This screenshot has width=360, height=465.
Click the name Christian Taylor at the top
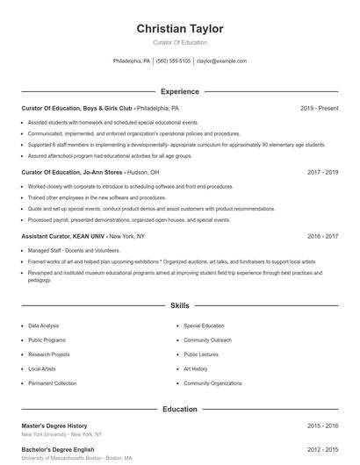click(180, 29)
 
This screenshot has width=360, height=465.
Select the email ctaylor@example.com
click(221, 61)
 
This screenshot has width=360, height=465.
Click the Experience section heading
click(180, 91)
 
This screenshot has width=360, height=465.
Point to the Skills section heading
click(180, 306)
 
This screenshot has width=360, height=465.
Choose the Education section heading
click(180, 409)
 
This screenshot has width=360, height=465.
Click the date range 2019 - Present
click(319, 108)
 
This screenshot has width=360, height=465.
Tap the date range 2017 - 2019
click(322, 172)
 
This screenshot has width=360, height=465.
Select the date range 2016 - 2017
click(322, 236)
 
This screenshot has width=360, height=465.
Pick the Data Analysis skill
click(44, 325)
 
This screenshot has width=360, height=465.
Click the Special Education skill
click(204, 325)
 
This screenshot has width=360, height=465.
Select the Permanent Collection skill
click(52, 383)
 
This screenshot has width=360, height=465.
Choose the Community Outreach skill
click(208, 340)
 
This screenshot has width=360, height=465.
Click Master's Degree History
click(54, 426)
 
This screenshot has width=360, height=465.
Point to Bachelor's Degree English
click(57, 449)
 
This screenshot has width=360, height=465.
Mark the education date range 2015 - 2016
click(322, 426)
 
